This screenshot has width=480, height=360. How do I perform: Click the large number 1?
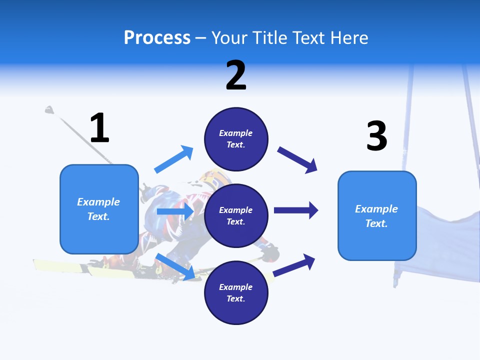[x=99, y=128]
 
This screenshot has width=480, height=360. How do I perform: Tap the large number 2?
[x=236, y=75]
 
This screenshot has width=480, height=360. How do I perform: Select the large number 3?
[x=377, y=136]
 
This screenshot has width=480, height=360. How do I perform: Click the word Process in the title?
[x=157, y=37]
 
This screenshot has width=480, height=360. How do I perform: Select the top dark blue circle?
[x=236, y=139]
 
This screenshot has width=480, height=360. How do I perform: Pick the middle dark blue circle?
[x=236, y=216]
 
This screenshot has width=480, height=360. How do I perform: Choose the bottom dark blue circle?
[x=236, y=293]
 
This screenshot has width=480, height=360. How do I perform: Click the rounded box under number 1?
[x=99, y=209]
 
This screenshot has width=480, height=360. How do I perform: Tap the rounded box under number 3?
[x=377, y=216]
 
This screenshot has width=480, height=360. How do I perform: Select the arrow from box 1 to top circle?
[x=174, y=159]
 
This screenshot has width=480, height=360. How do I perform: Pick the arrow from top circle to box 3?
[x=297, y=160]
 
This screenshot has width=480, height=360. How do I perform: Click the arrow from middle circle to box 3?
[x=296, y=210]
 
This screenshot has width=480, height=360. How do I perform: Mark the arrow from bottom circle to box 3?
[x=294, y=265]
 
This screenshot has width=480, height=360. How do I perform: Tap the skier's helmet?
[x=214, y=178]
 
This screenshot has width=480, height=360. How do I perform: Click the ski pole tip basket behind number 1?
[x=49, y=109]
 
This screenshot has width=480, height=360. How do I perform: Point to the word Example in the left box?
[x=98, y=202]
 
